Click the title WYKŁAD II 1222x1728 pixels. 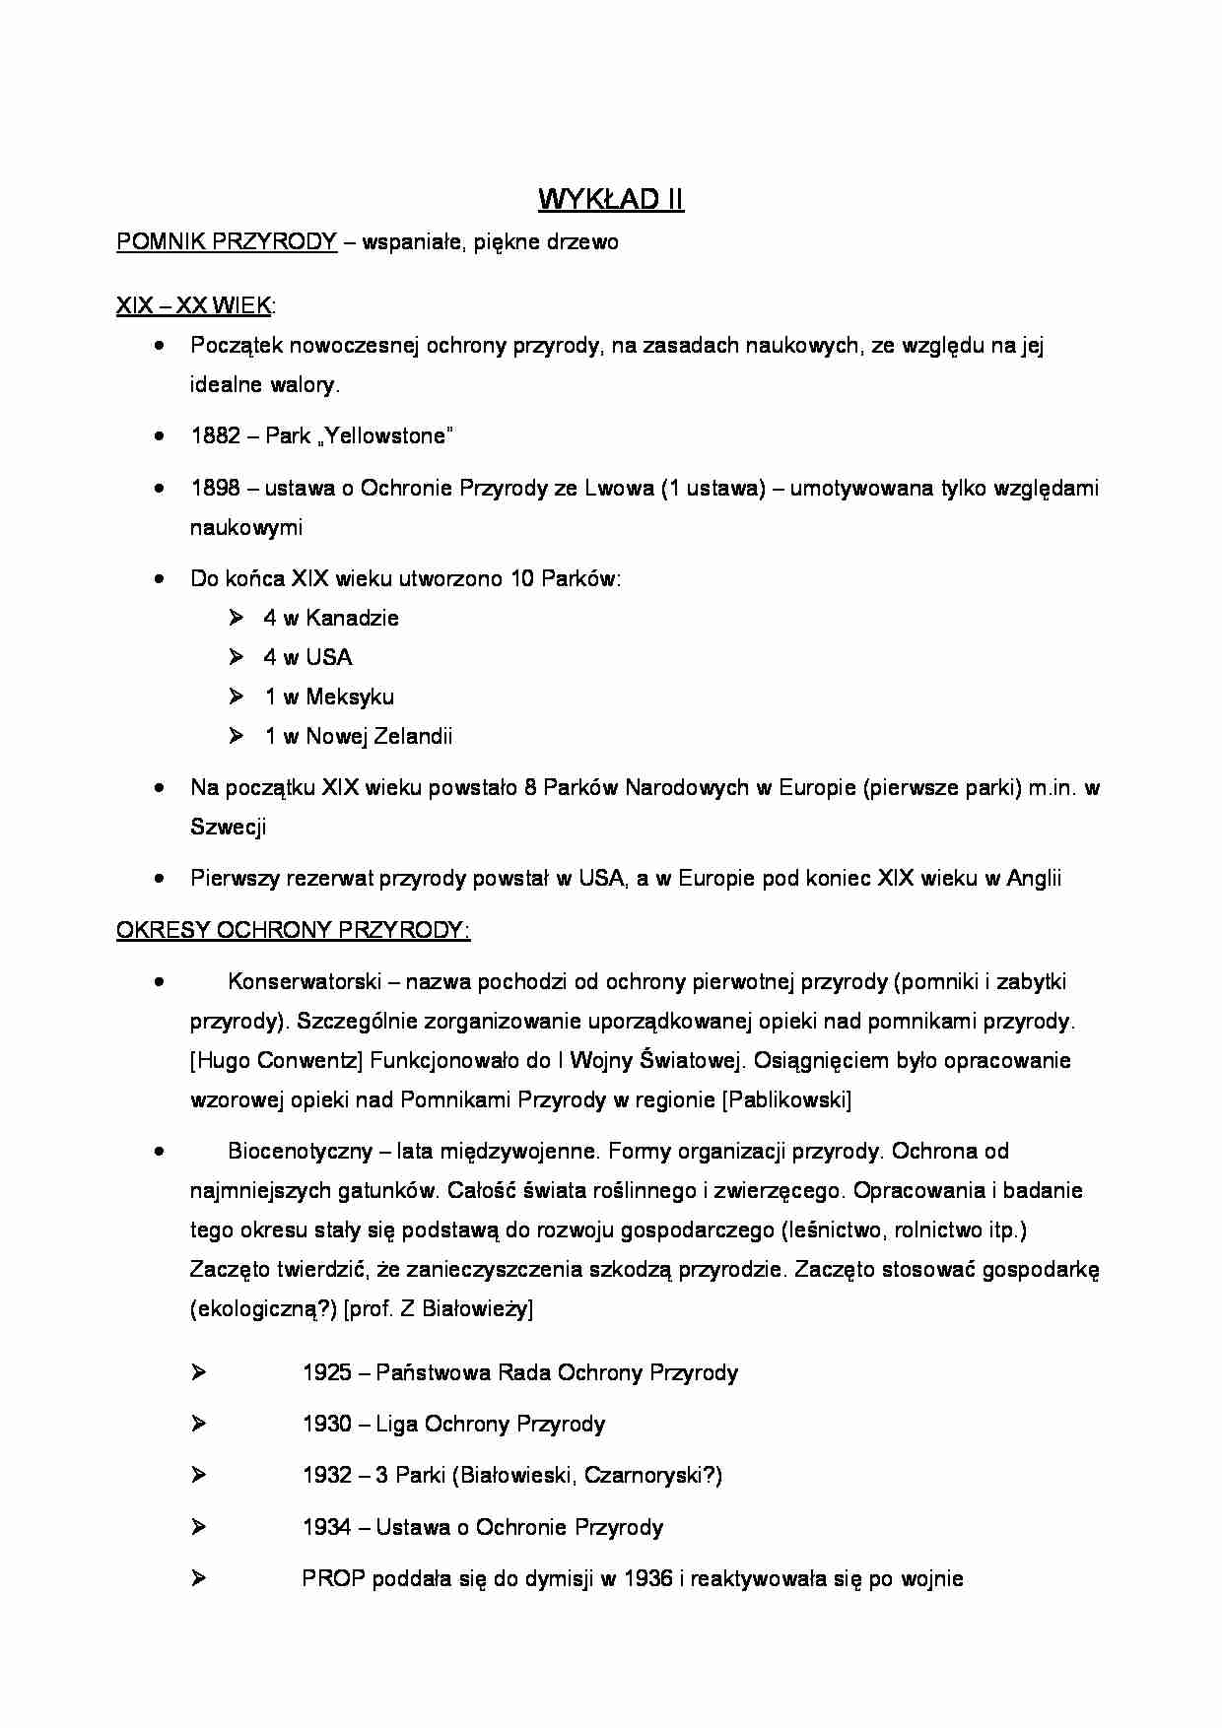610,200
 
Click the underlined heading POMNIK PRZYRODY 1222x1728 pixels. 227,242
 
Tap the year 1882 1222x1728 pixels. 216,436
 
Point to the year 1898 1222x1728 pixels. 216,489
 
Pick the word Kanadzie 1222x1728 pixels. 352,619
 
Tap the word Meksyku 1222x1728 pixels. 350,698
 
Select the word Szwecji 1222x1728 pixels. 228,828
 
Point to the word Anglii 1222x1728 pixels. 1034,879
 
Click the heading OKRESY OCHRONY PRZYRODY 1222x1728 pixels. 293,931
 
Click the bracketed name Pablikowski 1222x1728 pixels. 787,1100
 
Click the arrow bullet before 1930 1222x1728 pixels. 198,1424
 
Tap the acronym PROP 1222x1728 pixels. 333,1579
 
